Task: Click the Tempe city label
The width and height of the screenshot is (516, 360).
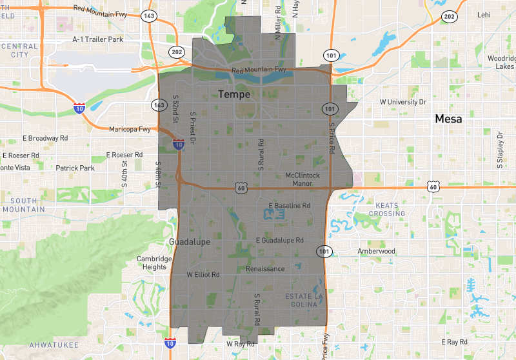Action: click(x=233, y=94)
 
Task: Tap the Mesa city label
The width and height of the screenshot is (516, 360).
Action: click(x=449, y=119)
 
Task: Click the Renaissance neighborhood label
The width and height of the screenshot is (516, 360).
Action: click(x=265, y=268)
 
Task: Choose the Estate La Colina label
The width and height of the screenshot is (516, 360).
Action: click(x=304, y=300)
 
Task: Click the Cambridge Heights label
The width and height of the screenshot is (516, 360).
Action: click(x=155, y=263)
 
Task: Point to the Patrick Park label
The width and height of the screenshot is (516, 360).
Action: click(x=75, y=168)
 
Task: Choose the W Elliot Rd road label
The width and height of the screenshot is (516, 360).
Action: click(x=203, y=274)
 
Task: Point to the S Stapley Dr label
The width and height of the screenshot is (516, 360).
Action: click(x=499, y=149)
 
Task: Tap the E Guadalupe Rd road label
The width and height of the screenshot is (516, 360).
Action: click(x=279, y=240)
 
